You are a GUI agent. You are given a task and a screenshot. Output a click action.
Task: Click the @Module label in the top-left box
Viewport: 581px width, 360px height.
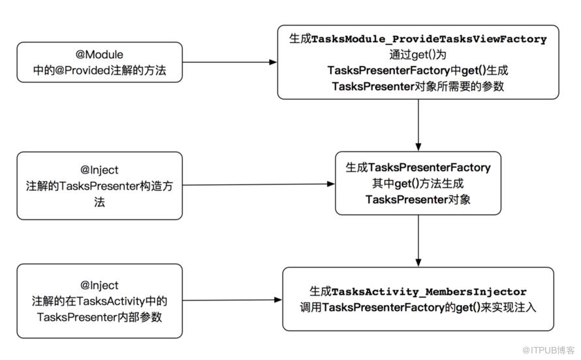point(99,54)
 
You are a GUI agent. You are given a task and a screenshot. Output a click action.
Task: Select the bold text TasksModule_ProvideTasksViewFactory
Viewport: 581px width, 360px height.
point(429,39)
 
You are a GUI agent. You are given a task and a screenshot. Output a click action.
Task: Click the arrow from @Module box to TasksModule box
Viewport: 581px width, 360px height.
point(230,62)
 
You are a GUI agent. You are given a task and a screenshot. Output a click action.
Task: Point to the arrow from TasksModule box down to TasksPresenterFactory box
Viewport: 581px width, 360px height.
point(418,125)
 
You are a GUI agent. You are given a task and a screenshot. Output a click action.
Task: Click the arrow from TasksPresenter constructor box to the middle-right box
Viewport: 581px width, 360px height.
point(259,184)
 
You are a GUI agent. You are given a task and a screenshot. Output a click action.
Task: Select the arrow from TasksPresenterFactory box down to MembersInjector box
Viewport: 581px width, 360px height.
point(418,240)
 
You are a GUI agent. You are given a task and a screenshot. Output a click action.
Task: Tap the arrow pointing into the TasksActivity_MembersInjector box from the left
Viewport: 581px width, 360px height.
point(232,300)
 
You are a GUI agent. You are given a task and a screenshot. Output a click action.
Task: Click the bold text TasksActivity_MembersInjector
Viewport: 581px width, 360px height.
point(429,292)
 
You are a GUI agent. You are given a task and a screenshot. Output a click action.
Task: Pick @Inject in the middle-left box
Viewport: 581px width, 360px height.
point(99,170)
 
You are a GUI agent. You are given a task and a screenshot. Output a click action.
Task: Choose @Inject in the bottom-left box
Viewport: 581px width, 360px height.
point(99,285)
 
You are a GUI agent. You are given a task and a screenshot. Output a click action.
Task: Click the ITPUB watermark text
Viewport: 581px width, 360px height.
point(548,350)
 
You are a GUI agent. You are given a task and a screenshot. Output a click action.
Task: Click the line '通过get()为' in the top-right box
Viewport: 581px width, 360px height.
point(418,55)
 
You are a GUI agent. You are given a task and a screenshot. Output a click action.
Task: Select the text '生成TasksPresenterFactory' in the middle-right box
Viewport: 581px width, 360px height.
point(418,167)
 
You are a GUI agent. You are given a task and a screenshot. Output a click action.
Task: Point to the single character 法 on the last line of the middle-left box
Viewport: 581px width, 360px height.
point(99,202)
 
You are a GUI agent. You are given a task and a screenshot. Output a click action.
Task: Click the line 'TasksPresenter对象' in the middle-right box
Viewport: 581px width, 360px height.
point(418,200)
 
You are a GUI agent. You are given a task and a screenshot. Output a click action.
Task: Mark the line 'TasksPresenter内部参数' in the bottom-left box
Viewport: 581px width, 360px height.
point(99,318)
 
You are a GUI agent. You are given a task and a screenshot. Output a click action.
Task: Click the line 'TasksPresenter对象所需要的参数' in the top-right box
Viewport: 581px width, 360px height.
point(418,86)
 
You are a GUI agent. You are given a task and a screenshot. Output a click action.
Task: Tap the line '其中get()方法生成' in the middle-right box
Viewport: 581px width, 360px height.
point(418,184)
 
